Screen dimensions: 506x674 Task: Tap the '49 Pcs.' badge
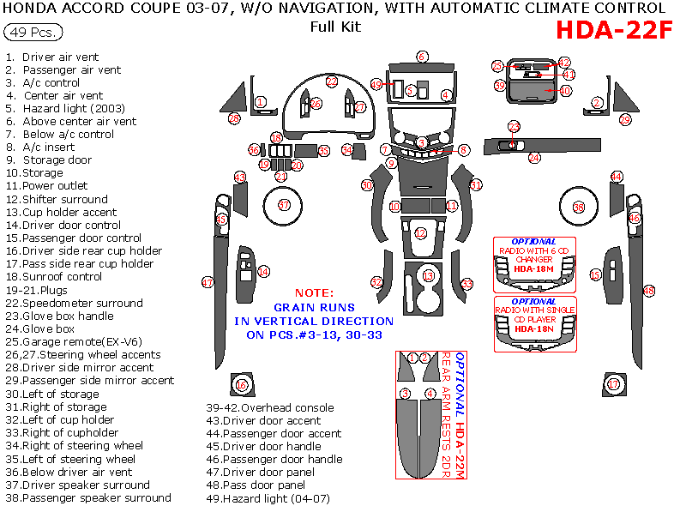point(33,33)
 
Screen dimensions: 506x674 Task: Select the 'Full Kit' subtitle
point(335,27)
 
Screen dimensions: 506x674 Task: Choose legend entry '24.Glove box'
point(44,328)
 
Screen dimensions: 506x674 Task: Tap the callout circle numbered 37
point(284,205)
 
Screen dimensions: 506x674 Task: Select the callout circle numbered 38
point(579,208)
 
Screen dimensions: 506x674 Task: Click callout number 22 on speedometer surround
point(332,81)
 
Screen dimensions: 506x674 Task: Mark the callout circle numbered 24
point(534,158)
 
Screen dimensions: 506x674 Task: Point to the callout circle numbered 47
point(207,282)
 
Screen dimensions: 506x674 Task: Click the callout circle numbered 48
point(649,292)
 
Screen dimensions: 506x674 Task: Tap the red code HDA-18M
point(528,268)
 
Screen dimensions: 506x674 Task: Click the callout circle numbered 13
point(429,276)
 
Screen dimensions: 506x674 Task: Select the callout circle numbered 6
point(422,57)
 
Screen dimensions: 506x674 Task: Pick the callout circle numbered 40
point(565,91)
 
